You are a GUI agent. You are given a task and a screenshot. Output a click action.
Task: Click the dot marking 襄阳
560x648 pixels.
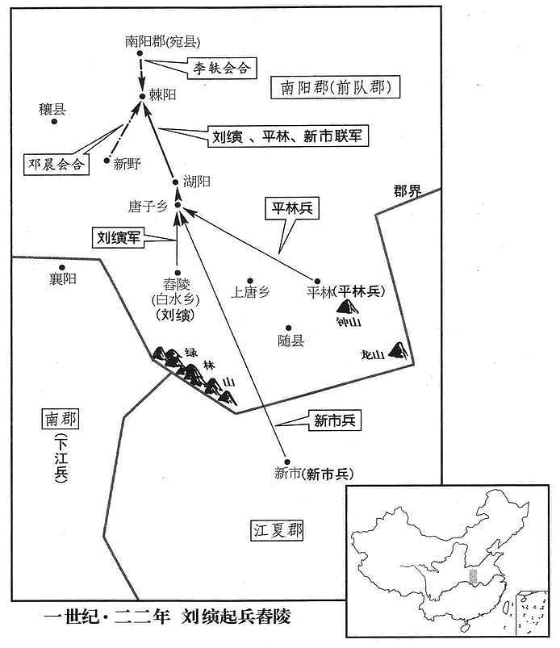click(62, 268)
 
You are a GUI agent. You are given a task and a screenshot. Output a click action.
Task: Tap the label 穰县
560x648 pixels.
click(52, 110)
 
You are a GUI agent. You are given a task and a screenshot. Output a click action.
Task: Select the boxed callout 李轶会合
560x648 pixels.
click(222, 68)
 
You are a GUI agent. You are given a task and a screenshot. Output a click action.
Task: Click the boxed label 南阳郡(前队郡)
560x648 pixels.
click(335, 87)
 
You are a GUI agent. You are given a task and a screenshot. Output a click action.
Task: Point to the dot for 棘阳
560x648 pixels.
click(142, 96)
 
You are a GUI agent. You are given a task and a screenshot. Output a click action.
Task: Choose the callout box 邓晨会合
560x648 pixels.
click(56, 164)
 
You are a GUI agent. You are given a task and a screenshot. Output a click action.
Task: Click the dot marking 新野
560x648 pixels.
click(107, 161)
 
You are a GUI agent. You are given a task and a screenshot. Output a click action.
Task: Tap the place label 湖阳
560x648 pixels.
click(197, 182)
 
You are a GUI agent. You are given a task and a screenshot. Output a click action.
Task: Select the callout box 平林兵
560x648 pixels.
click(292, 208)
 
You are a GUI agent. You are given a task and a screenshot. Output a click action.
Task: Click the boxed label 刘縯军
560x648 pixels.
click(118, 237)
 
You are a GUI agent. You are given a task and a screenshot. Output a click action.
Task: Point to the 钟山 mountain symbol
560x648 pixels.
click(347, 307)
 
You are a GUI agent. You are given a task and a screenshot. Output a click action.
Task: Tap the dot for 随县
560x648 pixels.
click(289, 328)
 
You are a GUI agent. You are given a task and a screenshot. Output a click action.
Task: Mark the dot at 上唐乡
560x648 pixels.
click(250, 281)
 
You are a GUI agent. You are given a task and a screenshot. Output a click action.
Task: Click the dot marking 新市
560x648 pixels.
click(286, 462)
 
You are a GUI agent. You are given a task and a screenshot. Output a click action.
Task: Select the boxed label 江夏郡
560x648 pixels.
click(278, 530)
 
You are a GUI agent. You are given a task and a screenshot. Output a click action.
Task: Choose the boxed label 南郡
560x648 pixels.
click(60, 419)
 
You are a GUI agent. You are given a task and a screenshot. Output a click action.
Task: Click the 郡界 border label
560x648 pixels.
click(407, 191)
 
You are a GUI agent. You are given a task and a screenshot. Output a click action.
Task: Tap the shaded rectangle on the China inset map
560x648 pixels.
click(473, 576)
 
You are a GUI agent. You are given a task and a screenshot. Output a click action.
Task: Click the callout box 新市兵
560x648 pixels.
click(335, 420)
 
